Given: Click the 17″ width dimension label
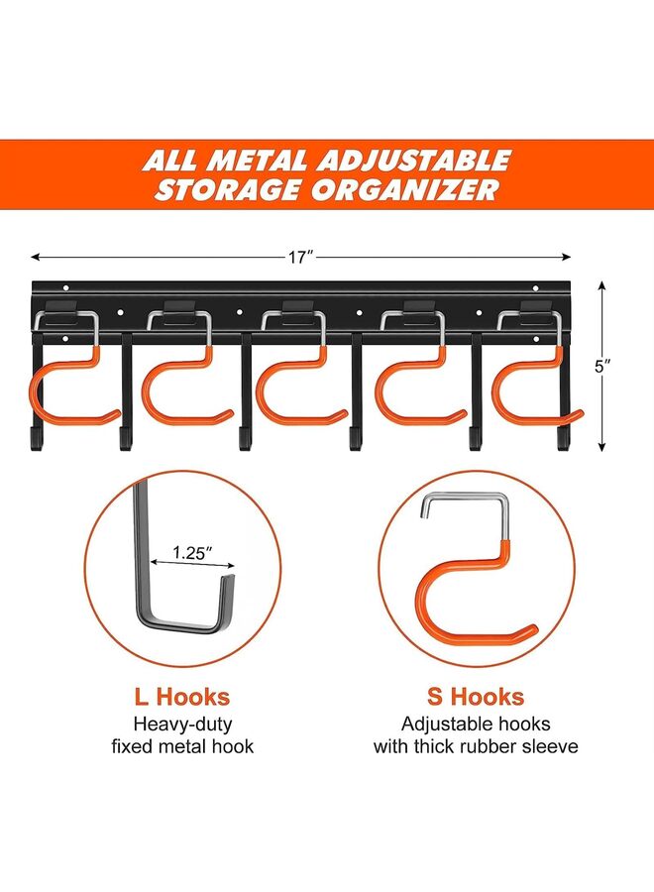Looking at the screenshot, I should coord(300,257).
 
